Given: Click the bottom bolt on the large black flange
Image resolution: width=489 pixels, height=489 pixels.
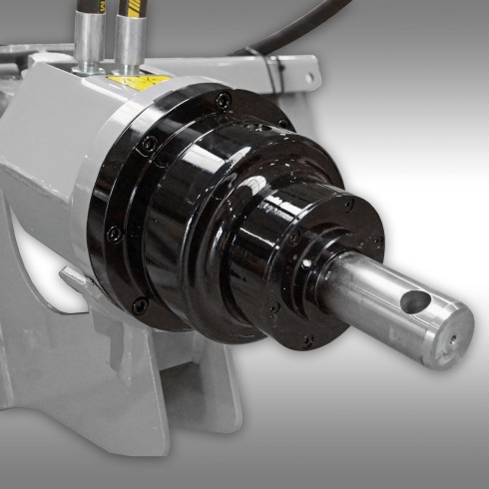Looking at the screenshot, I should tap(141, 303).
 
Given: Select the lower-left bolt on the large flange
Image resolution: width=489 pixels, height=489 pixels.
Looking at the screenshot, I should tap(114, 234).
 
